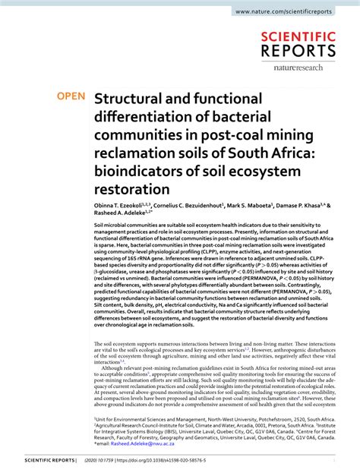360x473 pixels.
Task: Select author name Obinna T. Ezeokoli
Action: pos(122,205)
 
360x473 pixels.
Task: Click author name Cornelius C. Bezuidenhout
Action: pos(191,205)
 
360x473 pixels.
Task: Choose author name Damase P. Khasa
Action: pos(308,205)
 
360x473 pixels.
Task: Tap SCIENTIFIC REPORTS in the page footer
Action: pos(49,460)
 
